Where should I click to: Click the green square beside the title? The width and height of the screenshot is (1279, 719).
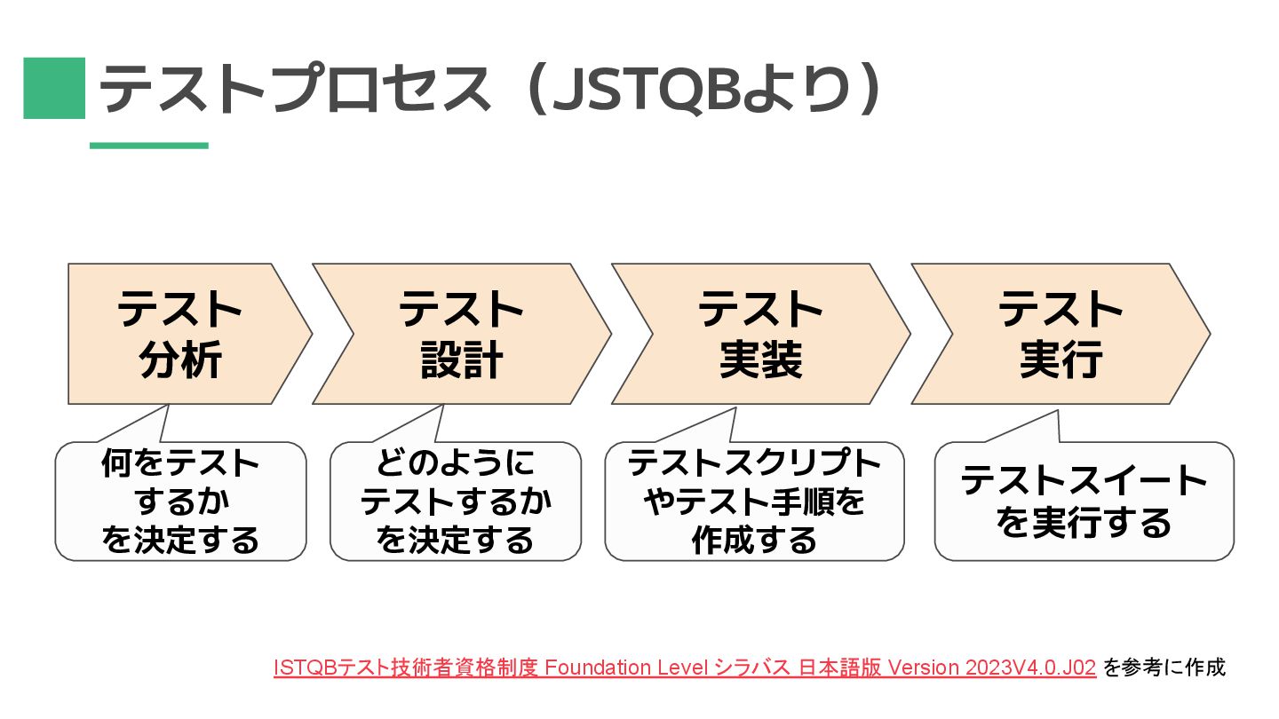(x=54, y=88)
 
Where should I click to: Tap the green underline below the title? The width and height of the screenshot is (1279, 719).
(x=148, y=146)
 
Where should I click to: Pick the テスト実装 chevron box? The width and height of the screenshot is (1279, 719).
(x=760, y=334)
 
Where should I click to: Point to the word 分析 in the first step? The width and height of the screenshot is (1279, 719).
(x=180, y=360)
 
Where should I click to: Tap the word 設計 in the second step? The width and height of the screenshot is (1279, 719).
(x=461, y=360)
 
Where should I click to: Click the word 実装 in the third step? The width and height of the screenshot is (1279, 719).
(x=760, y=360)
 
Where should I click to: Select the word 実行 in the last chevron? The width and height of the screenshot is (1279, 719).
(x=1061, y=360)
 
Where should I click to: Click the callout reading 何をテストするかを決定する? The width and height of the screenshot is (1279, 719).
(x=180, y=502)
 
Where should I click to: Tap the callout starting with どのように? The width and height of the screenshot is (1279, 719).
(x=455, y=502)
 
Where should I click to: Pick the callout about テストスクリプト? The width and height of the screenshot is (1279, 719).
(x=754, y=502)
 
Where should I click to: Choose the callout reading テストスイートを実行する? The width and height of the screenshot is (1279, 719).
(x=1084, y=502)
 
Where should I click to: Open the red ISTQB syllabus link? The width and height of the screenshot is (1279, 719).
(x=684, y=668)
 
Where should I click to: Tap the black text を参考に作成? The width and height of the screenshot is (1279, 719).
(x=1164, y=668)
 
